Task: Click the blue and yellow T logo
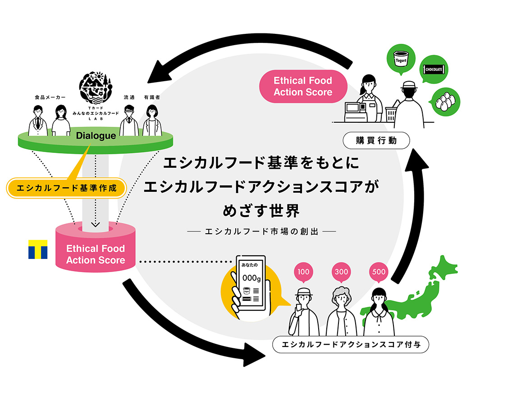tap(38, 249)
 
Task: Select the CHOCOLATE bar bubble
tap(434, 69)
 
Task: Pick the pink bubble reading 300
tap(342, 272)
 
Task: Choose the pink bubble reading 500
tap(379, 272)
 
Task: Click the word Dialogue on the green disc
tap(96, 136)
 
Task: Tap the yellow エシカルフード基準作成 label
tap(67, 188)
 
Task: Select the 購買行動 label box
tap(376, 141)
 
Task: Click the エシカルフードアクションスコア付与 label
tap(351, 345)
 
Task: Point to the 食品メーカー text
tap(50, 97)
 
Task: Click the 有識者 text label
tap(151, 97)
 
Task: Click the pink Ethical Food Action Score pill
tap(303, 86)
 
